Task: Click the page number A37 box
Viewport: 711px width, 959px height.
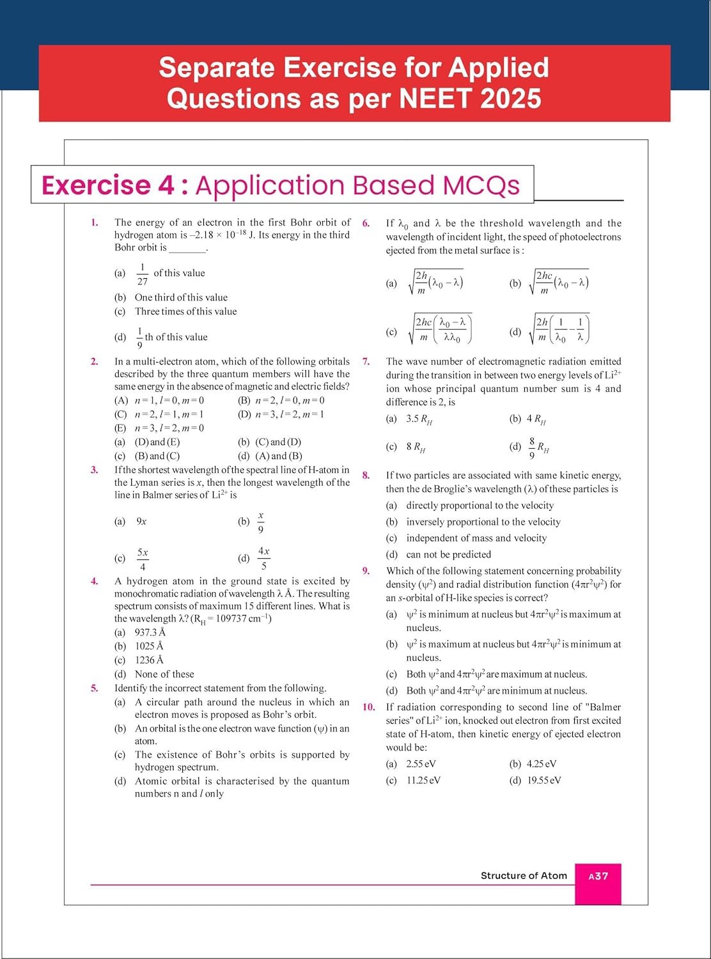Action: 598,876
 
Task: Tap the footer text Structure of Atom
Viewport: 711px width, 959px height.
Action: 524,876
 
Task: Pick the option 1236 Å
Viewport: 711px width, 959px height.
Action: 149,660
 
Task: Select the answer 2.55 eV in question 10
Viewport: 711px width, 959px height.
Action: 421,763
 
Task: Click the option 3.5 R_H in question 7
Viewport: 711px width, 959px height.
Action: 419,419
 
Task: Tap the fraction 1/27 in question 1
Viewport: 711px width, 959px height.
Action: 142,274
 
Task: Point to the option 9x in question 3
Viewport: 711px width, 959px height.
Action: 141,521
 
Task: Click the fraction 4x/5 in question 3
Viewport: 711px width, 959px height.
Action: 263,557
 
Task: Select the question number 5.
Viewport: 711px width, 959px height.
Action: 94,688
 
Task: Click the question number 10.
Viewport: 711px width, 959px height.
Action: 368,707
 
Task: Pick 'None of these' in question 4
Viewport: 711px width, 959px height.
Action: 164,674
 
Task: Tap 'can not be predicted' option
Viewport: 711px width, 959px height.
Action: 448,554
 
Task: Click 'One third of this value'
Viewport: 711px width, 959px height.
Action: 181,297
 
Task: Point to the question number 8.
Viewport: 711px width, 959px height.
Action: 366,475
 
